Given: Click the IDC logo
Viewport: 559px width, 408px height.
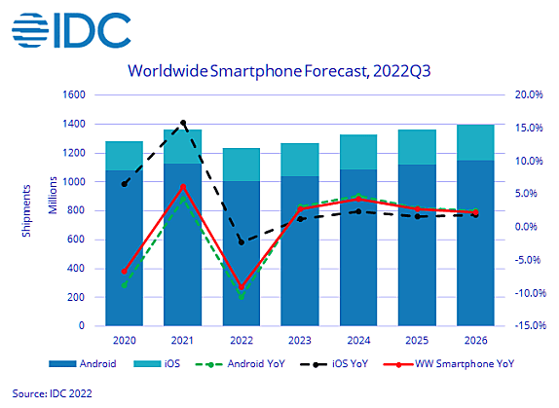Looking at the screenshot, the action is pos(71,30).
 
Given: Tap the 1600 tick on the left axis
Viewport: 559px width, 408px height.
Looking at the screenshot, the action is pos(74,94).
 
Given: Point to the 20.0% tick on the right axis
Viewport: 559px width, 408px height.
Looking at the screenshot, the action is pos(529,94).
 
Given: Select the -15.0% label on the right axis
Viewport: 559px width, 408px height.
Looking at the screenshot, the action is pos(530,325).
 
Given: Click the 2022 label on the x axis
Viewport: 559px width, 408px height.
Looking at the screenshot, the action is pos(242,340).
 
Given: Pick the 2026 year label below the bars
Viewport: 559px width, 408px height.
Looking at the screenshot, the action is pos(475,340).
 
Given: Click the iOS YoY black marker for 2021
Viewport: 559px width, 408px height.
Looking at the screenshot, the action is pos(183,123).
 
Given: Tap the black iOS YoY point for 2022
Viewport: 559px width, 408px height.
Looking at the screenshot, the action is pos(242,242).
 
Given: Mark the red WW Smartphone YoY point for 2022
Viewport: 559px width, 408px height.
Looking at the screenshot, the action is pos(242,287).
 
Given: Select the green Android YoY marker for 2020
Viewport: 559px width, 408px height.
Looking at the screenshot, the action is pos(125,285).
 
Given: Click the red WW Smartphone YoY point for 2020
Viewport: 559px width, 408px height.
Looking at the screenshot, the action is pos(125,272).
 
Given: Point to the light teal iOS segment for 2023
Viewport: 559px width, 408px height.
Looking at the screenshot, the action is pos(300,160).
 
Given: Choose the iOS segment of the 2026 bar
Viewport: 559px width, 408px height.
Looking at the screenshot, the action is pos(475,142).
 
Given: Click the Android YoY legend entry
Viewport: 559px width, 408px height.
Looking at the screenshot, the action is pos(241,364).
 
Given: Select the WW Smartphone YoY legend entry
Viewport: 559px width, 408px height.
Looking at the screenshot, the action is pos(449,364).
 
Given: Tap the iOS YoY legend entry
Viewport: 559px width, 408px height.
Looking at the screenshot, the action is pos(334,364).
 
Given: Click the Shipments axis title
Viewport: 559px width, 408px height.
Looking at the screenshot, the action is pos(26,210).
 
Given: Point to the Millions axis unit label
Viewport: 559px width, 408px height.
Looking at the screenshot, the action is pos(53,196).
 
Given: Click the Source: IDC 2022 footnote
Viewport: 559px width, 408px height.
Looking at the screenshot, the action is pos(52,393).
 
